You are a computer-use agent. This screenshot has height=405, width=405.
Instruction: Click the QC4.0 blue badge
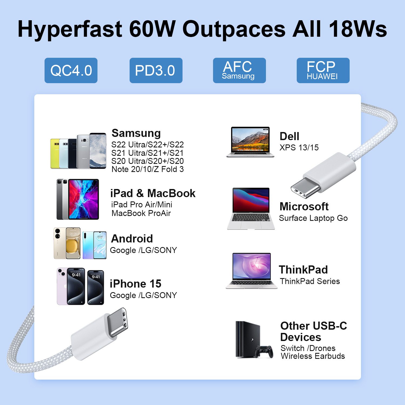(x=71, y=70)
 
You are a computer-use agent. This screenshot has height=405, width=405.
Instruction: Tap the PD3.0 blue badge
(x=156, y=70)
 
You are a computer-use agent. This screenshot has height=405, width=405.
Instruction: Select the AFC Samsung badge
(x=239, y=70)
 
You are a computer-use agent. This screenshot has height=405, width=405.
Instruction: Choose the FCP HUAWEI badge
(x=323, y=70)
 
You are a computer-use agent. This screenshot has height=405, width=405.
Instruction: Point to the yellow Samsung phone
(x=55, y=154)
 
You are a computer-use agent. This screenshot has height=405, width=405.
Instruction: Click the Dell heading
(x=289, y=136)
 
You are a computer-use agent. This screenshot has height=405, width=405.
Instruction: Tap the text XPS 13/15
(x=299, y=147)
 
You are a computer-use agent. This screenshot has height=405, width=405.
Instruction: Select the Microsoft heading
(x=304, y=207)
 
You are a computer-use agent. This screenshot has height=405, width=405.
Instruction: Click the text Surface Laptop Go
(x=313, y=218)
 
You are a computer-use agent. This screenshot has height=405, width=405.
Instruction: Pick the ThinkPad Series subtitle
(x=310, y=281)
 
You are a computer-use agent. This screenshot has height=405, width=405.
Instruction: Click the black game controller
(x=264, y=352)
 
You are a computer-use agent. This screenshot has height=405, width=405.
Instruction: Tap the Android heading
(x=132, y=239)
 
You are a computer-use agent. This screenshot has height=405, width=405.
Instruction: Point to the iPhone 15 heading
(x=136, y=284)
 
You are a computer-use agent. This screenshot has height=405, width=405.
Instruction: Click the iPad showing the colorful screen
(x=84, y=199)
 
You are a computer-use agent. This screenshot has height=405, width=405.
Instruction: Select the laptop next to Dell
(x=250, y=142)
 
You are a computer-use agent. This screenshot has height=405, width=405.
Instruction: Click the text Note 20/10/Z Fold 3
(x=148, y=169)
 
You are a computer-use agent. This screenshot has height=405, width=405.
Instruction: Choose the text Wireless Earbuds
(x=313, y=356)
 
